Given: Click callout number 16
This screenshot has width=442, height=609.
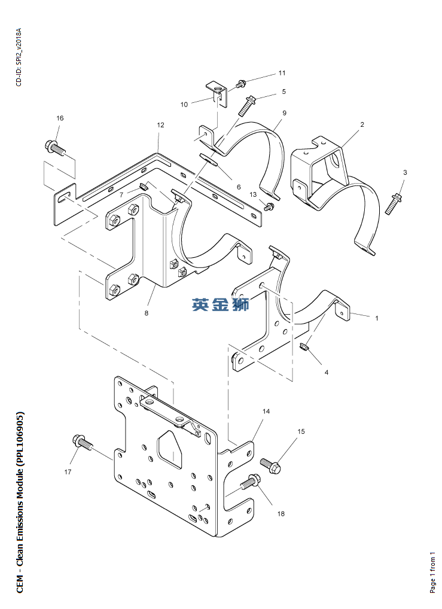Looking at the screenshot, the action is (x=60, y=118).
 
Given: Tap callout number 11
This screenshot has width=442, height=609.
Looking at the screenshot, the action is (x=282, y=72).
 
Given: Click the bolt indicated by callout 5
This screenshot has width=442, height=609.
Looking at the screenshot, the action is (x=246, y=106).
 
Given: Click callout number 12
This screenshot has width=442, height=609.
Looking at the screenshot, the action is (x=160, y=125).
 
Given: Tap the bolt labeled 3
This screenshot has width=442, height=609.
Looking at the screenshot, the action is (x=394, y=203).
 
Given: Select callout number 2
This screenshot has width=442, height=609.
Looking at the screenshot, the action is (x=362, y=124).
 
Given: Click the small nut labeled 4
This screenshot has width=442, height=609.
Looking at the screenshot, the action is (x=304, y=346).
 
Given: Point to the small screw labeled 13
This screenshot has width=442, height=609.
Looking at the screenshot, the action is (x=269, y=206).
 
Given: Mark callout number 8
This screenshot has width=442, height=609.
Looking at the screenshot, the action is (x=146, y=313).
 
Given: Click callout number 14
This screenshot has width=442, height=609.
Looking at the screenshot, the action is (x=266, y=412).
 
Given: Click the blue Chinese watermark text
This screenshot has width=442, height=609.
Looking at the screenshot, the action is (x=220, y=304).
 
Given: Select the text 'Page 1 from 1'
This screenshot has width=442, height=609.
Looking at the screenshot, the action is (x=432, y=572).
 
